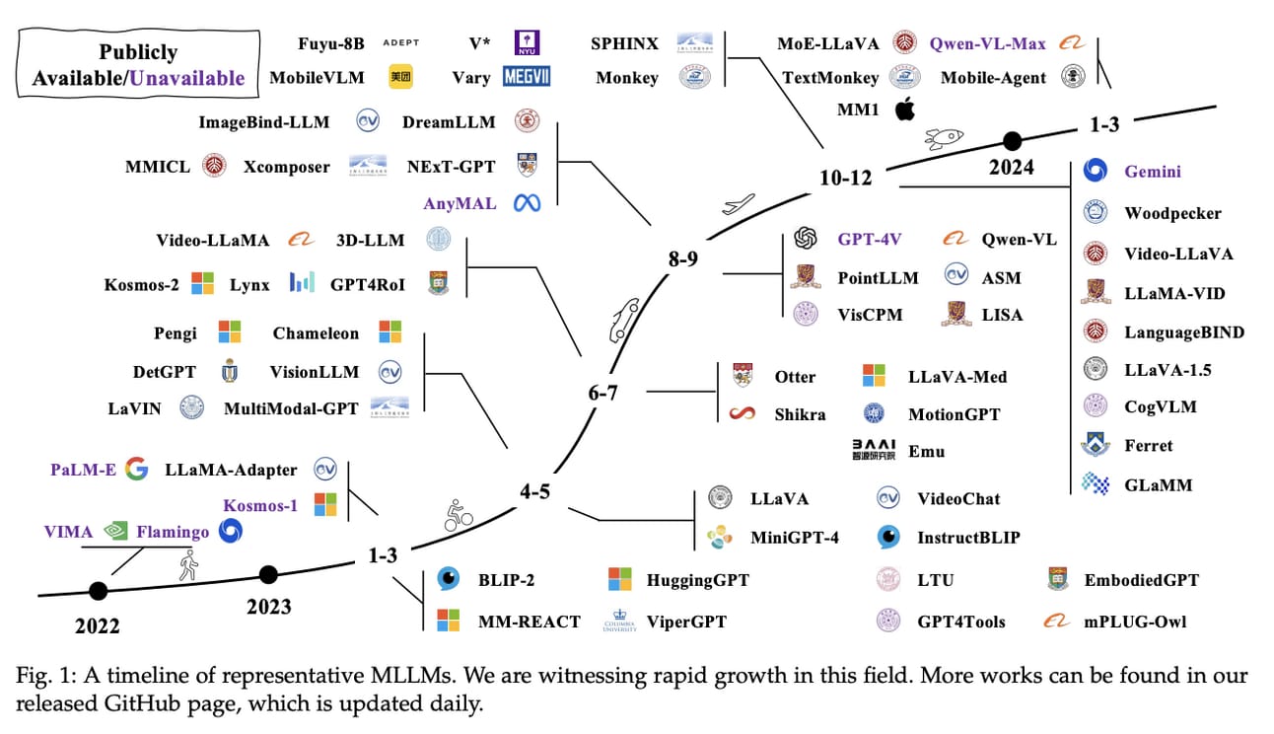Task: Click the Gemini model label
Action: (x=1152, y=172)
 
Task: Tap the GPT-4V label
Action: (x=869, y=239)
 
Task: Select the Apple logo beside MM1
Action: (x=904, y=110)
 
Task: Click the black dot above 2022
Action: (x=98, y=591)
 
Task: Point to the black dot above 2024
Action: (x=1012, y=140)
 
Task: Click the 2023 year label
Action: (x=269, y=606)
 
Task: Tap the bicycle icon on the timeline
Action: (x=458, y=514)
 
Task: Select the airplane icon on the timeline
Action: (x=738, y=204)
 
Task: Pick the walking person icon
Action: (x=188, y=566)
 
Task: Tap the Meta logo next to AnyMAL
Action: (x=527, y=203)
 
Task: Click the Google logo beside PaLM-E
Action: (x=136, y=470)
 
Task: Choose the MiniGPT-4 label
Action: (x=794, y=538)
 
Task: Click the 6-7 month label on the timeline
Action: (x=602, y=393)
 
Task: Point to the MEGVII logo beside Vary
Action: (x=527, y=77)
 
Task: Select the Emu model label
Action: (x=926, y=451)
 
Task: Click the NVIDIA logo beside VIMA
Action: (x=116, y=532)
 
